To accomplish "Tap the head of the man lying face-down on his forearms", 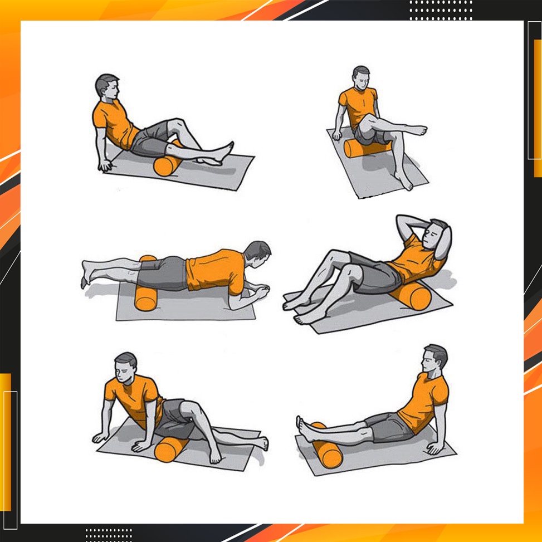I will point(257,253).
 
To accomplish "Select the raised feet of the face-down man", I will point(86,273).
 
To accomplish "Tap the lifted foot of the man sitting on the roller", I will point(418,131).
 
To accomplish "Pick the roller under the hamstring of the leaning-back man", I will point(167,164).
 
